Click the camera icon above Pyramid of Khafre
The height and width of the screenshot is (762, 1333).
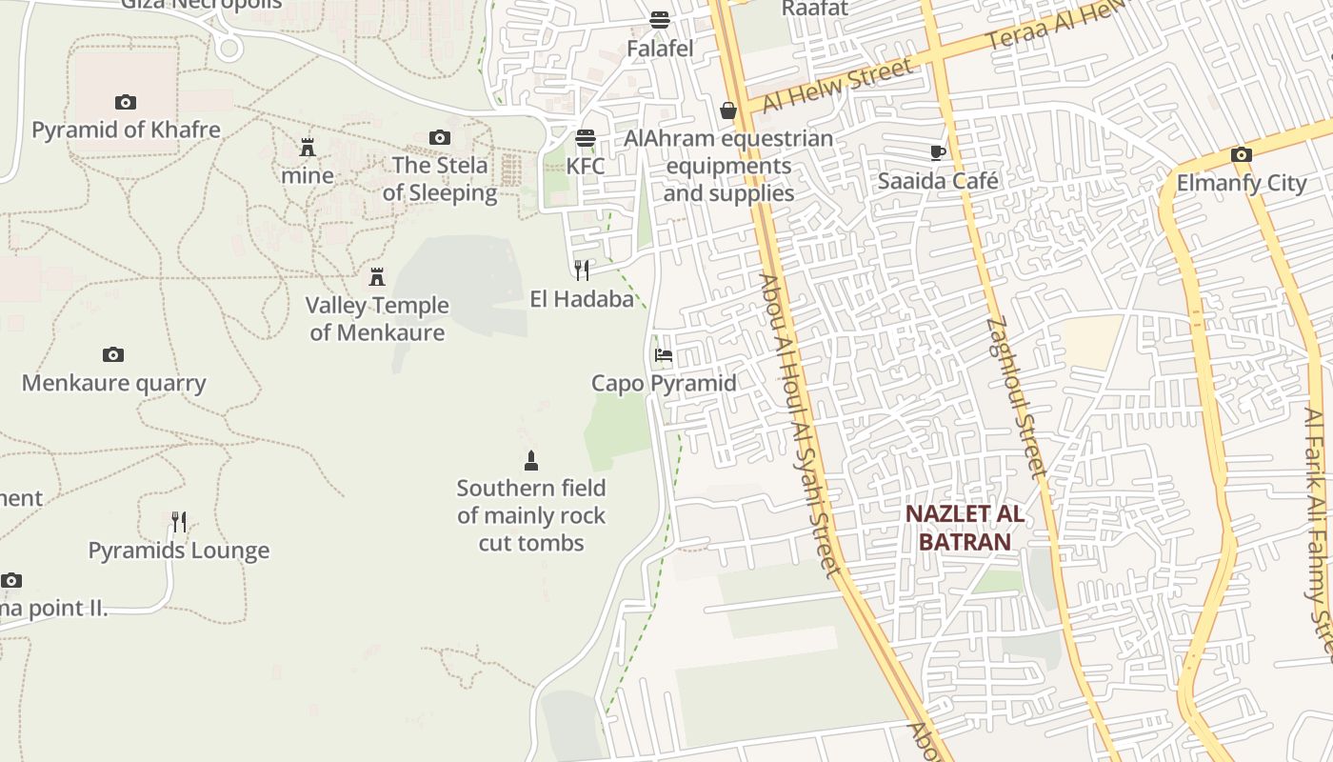[x=125, y=103]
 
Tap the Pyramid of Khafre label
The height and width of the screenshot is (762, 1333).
[x=126, y=130]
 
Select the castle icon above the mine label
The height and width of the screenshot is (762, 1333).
[x=308, y=148]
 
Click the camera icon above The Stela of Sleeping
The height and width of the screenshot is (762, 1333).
[x=439, y=138]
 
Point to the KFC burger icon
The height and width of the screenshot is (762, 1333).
[x=585, y=138]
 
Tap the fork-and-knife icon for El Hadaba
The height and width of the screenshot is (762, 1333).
[x=582, y=271]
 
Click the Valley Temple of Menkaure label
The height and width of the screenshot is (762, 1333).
[x=377, y=318]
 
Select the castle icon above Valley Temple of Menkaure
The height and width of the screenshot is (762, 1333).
[x=377, y=277]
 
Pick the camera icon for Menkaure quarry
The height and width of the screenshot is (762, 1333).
[x=113, y=355]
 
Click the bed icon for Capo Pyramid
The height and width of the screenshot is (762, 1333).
[x=664, y=355]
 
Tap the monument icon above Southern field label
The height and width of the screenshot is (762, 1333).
[x=531, y=461]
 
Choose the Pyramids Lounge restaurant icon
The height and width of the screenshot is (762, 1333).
[x=179, y=522]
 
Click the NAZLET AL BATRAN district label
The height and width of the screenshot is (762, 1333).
[x=964, y=528]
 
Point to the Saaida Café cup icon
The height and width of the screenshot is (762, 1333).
[x=938, y=152]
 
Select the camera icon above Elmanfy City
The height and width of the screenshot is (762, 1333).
[x=1241, y=155]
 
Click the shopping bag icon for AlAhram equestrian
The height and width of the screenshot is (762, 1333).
[x=728, y=111]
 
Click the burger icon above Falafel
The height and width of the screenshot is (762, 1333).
[x=659, y=19]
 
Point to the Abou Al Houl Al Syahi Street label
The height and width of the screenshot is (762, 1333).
[x=800, y=424]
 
